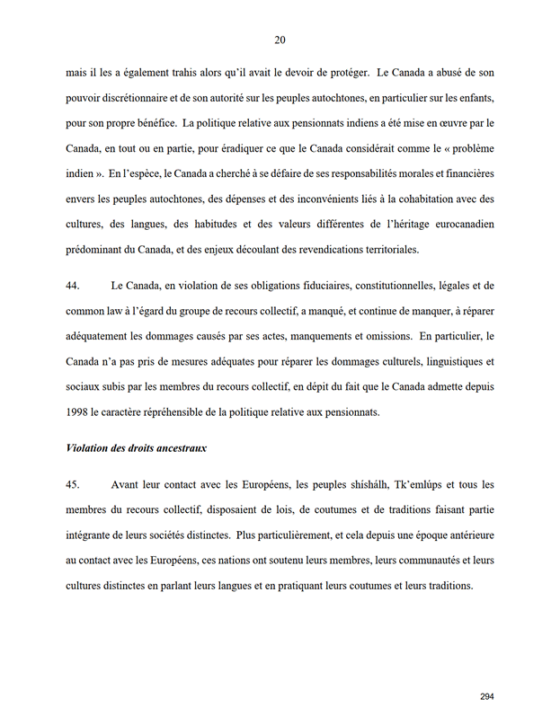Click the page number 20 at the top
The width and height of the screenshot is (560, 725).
280,40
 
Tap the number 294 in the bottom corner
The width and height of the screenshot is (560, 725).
487,696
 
